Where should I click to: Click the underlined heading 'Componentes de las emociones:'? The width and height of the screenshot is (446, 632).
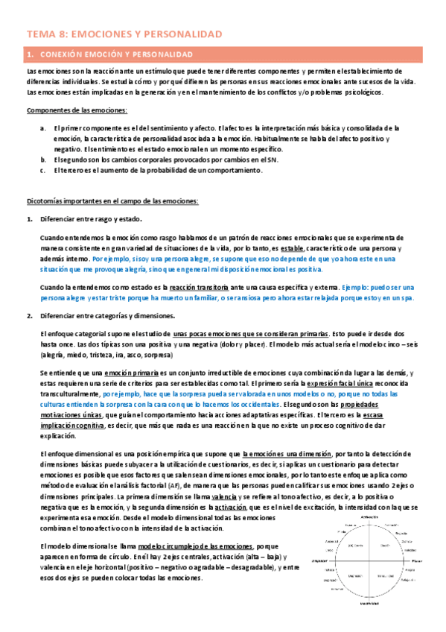point(77,110)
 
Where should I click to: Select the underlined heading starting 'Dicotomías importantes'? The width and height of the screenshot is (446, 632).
point(112,200)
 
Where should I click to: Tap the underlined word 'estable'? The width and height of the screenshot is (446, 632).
point(292,247)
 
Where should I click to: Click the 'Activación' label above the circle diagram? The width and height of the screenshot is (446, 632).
point(370,516)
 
